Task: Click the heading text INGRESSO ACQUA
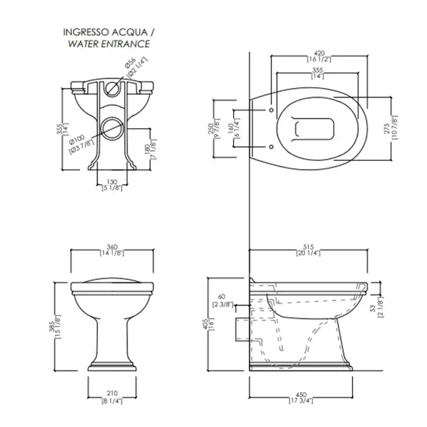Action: pyautogui.click(x=106, y=32)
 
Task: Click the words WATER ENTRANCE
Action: pyautogui.click(x=109, y=44)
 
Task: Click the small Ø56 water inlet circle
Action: pyautogui.click(x=112, y=88)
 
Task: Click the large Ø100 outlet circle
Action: pyautogui.click(x=112, y=128)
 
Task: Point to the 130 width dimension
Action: pyautogui.click(x=112, y=182)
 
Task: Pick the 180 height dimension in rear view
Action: pyautogui.click(x=147, y=149)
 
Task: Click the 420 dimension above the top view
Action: pyautogui.click(x=319, y=53)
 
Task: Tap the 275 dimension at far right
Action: pyautogui.click(x=387, y=128)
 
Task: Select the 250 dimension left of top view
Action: pyautogui.click(x=211, y=129)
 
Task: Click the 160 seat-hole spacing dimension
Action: pyautogui.click(x=231, y=129)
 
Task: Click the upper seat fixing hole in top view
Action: pyautogui.click(x=271, y=110)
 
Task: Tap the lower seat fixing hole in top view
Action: pyautogui.click(x=271, y=147)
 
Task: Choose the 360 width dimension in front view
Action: pyautogui.click(x=112, y=246)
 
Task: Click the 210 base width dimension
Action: pyautogui.click(x=112, y=393)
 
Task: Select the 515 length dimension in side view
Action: pyautogui.click(x=308, y=246)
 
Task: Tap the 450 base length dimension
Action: pyautogui.click(x=301, y=395)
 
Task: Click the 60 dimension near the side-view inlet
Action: pyautogui.click(x=222, y=296)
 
